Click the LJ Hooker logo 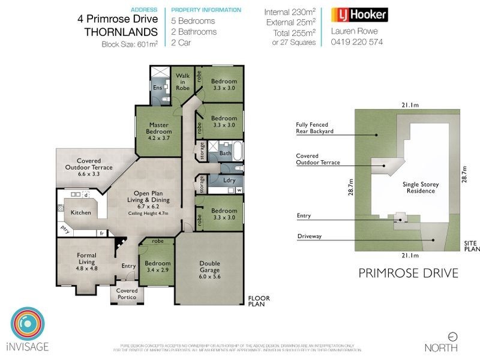359,15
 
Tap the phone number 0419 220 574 356,43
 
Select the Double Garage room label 210,268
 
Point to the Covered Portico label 127,294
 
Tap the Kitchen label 81,212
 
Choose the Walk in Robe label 183,82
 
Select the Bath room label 225,154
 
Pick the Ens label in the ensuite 157,88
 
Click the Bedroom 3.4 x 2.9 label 158,267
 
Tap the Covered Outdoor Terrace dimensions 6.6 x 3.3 91,174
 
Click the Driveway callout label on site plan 310,236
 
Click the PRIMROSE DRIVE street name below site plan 408,273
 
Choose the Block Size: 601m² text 129,44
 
